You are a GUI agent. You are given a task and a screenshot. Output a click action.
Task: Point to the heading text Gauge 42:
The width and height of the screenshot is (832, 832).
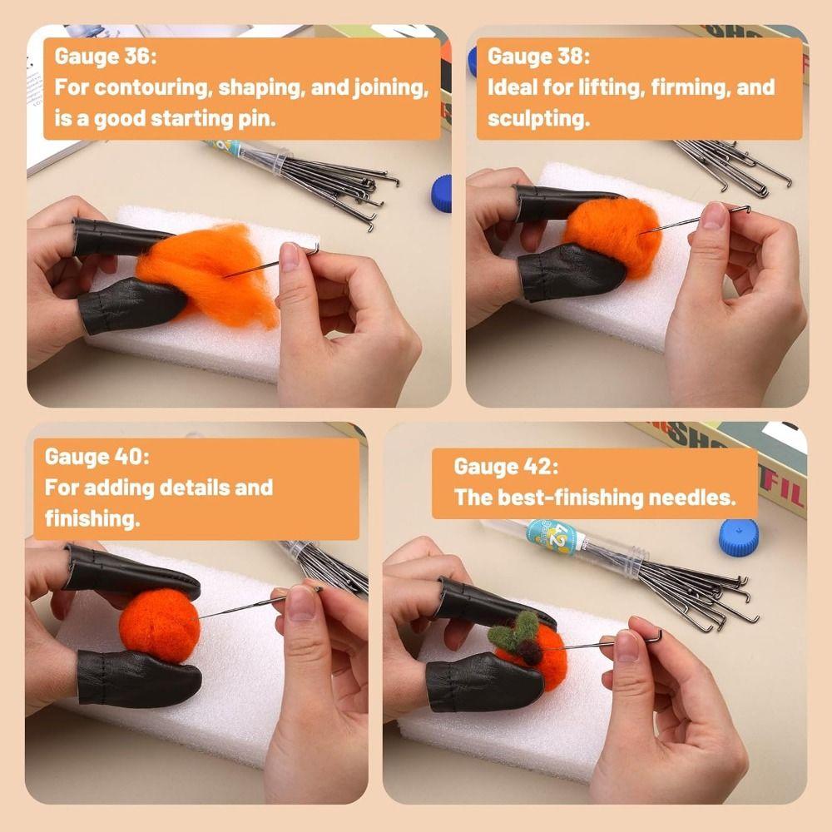(x=506, y=467)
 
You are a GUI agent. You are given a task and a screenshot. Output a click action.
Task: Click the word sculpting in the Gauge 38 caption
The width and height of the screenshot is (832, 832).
(x=538, y=118)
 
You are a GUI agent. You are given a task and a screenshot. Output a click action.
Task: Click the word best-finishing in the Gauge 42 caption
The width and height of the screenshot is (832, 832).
(x=575, y=498)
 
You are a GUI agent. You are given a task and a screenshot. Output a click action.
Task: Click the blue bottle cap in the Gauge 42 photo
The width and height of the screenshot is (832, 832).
(x=738, y=537)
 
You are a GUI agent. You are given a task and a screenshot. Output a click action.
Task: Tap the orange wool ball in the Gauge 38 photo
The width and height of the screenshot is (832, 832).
(x=612, y=237)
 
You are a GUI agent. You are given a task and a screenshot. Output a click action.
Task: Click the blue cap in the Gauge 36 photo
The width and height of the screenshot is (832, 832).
(x=442, y=193)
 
